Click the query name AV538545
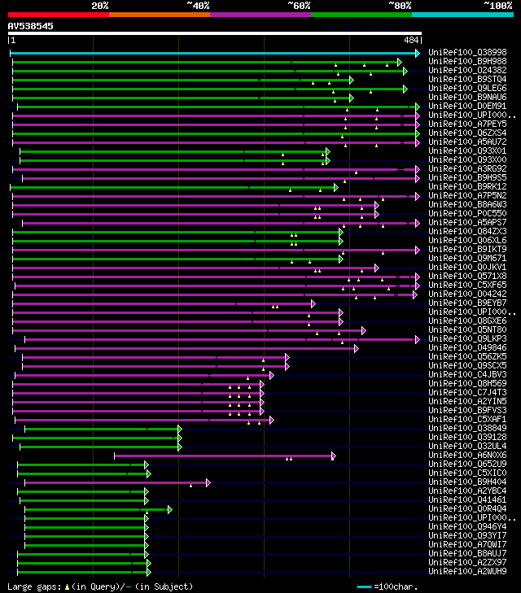tap(31, 26)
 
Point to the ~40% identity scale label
tap(198, 5)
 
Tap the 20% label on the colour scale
tap(100, 5)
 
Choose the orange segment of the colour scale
tap(159, 14)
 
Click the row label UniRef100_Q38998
tap(467, 53)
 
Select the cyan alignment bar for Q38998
tap(212, 53)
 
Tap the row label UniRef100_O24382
tap(467, 71)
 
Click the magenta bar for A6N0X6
tap(224, 456)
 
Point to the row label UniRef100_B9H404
tap(467, 482)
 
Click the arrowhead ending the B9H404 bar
tap(208, 482)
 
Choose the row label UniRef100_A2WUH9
tap(467, 572)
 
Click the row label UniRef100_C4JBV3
tap(467, 375)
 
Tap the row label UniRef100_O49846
tap(467, 348)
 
